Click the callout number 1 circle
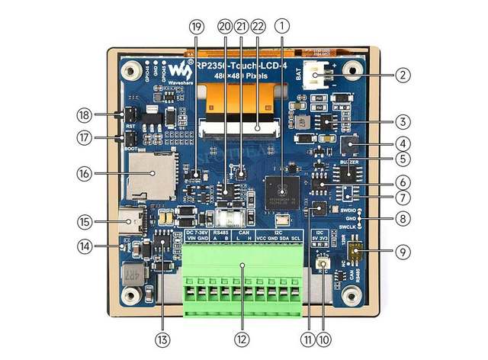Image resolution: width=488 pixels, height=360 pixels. [282, 25]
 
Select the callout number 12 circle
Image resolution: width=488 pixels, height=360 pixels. [242, 339]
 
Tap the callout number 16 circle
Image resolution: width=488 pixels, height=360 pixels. [85, 173]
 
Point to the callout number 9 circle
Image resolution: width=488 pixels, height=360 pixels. [403, 251]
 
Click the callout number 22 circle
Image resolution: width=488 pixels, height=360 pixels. [257, 25]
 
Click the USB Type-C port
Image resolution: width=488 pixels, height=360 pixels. [134, 223]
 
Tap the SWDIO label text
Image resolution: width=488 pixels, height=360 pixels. [348, 208]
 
